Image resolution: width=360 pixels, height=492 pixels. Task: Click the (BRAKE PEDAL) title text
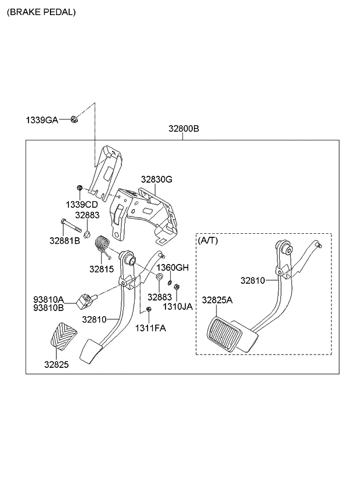(x=41, y=12)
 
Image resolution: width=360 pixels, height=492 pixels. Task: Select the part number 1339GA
(x=41, y=120)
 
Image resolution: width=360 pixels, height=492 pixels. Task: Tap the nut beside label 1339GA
(x=74, y=120)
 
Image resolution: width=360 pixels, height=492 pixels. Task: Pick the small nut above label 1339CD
(x=80, y=188)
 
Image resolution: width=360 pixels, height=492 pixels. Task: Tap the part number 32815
(x=101, y=269)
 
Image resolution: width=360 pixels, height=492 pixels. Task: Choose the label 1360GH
(x=174, y=267)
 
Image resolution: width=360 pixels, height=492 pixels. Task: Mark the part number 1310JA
(x=177, y=306)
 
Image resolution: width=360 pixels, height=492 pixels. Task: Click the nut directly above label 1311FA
(x=149, y=311)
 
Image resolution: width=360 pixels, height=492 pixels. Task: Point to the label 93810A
(x=48, y=299)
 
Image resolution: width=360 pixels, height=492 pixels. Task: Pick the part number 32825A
(x=217, y=300)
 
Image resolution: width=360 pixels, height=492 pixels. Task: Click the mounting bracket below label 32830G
(x=142, y=212)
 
